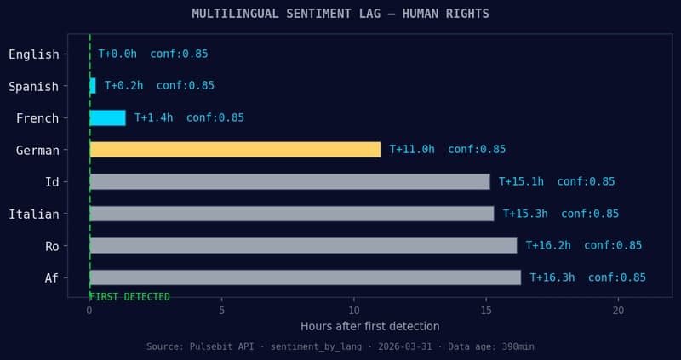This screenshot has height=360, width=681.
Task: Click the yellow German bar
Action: (x=235, y=150)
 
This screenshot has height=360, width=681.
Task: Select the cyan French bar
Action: (x=107, y=117)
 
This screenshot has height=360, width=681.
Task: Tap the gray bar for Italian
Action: (x=291, y=214)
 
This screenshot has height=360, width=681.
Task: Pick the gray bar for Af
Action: (x=305, y=277)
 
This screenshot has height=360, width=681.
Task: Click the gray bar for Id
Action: (x=289, y=181)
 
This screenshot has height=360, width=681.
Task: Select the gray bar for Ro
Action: (x=303, y=246)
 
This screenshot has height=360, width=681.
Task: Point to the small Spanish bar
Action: (x=92, y=86)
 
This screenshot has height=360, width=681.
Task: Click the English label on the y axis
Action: (x=34, y=54)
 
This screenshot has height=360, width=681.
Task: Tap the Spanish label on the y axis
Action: (x=34, y=86)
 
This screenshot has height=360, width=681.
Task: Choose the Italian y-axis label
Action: (x=34, y=214)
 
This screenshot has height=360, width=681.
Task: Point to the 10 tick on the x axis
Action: (x=354, y=311)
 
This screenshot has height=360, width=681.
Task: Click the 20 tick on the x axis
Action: (x=619, y=311)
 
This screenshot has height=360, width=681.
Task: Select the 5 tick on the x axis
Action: (x=222, y=311)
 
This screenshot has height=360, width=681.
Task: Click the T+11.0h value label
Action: (x=412, y=150)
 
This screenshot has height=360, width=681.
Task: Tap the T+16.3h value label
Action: (x=552, y=277)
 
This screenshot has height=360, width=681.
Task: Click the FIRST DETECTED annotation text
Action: (x=130, y=297)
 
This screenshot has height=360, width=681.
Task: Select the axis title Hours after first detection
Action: (x=370, y=327)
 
